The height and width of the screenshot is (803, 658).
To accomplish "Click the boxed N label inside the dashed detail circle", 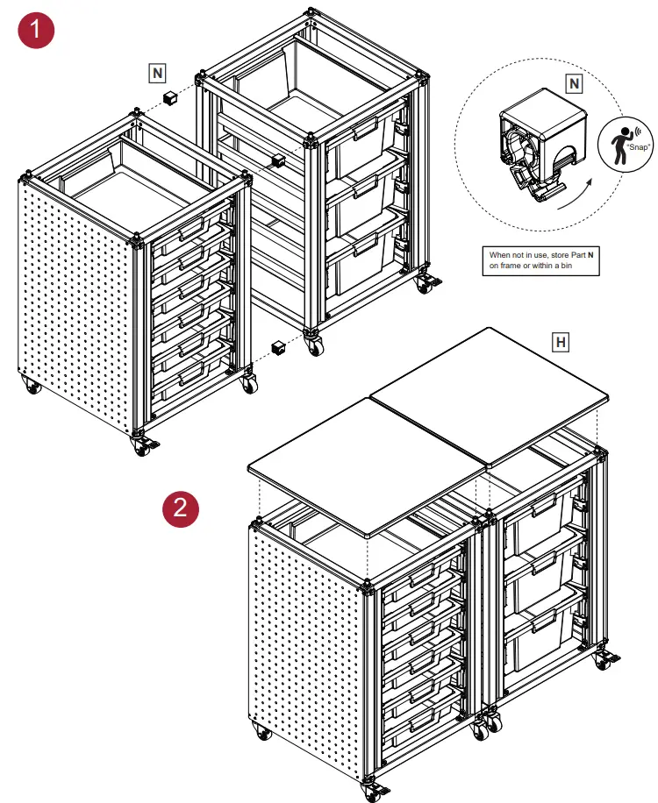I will pos(573,83).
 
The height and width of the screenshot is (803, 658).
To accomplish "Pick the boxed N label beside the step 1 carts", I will pos(156,73).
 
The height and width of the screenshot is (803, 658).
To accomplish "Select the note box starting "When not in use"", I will pos(540,260).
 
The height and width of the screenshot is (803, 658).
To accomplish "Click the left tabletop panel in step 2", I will pos(368,465).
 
